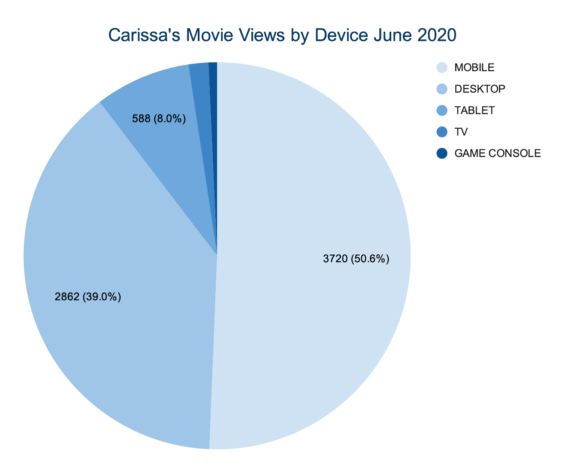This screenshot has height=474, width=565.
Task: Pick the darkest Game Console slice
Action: point(213,86)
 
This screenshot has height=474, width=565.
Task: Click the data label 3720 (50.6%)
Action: point(356,259)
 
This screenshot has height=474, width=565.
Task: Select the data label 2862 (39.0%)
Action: point(88,296)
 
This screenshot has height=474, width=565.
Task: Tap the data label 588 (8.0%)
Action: point(159,119)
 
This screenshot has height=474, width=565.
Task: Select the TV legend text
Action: point(461,132)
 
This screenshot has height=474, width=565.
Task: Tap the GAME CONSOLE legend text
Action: point(497,153)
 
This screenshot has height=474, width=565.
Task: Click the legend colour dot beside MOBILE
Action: point(442,67)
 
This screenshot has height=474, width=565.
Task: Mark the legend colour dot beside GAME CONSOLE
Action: point(442,153)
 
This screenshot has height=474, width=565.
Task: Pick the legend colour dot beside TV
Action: point(442,132)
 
